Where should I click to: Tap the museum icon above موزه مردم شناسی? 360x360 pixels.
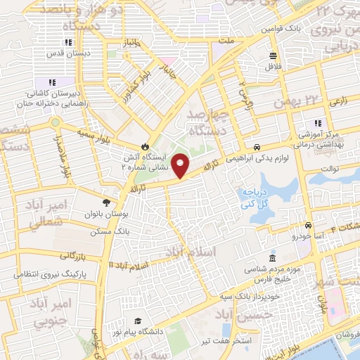pyautogui.click(x=272, y=258)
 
